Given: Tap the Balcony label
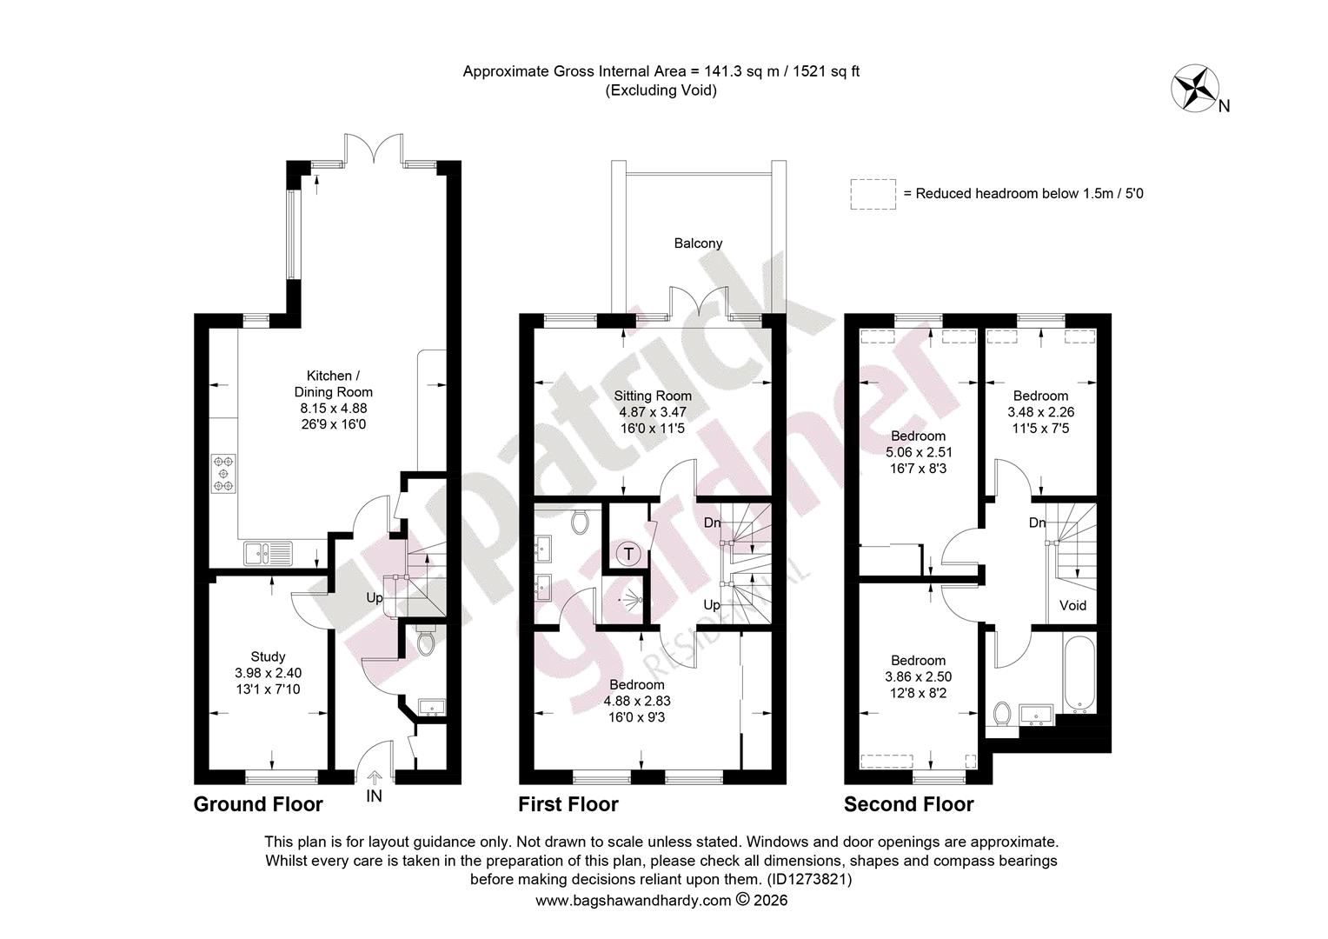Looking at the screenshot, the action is point(698,243).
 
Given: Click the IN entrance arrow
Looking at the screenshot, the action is point(375,777).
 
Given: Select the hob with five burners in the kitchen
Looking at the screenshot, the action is point(222,473).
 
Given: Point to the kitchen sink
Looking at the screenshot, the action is point(268,554).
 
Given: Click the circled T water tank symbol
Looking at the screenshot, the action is point(627,555).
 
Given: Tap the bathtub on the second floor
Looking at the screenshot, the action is point(1079,675).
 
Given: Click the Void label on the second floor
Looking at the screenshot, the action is point(1072,606).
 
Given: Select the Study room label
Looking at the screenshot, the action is point(268,656).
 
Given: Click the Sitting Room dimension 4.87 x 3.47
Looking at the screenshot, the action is point(652,411).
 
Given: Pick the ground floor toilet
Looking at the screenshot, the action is point(425,642).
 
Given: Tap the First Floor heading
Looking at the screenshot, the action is point(568,804).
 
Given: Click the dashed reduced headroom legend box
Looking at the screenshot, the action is point(873,194).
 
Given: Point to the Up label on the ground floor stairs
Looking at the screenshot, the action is point(374,598).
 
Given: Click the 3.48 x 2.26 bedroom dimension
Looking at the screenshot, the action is point(1040,411).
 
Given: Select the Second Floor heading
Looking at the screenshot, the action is point(908,804).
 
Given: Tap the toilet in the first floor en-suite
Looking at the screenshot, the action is point(579,522).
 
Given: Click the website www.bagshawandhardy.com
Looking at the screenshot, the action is point(634,901).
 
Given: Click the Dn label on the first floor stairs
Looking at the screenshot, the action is point(712,523).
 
